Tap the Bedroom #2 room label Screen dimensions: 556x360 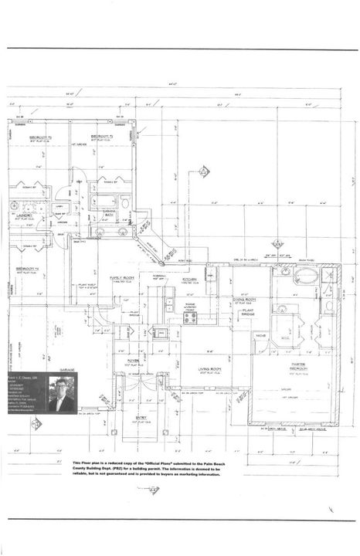point(104,136)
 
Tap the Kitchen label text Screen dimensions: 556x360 point(191,280)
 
